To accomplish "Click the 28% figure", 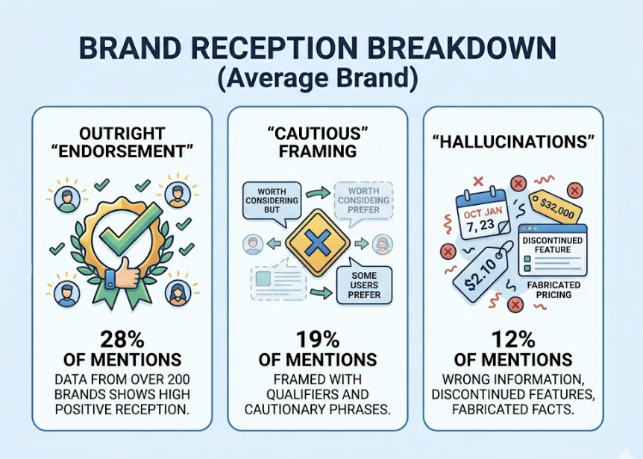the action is coord(122,340).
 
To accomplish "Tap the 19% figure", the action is coord(318,340).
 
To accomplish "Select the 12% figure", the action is coord(513,340).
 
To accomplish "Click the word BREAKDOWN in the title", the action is coord(465,48).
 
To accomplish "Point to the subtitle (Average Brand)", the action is coord(318,77).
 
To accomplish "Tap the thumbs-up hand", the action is coord(123,274).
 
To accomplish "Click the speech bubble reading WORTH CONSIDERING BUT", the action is coord(272,203).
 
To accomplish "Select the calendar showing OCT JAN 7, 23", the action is coord(483,216).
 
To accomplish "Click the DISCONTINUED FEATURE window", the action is coord(553,250).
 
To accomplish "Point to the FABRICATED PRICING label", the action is coord(553,290).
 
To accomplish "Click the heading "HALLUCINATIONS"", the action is coord(513,142).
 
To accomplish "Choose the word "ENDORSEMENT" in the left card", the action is coord(122,151).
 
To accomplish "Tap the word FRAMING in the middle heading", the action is coord(318,151).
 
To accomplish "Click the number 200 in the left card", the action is coord(178,379).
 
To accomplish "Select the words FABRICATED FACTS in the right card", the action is coord(513,409).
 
